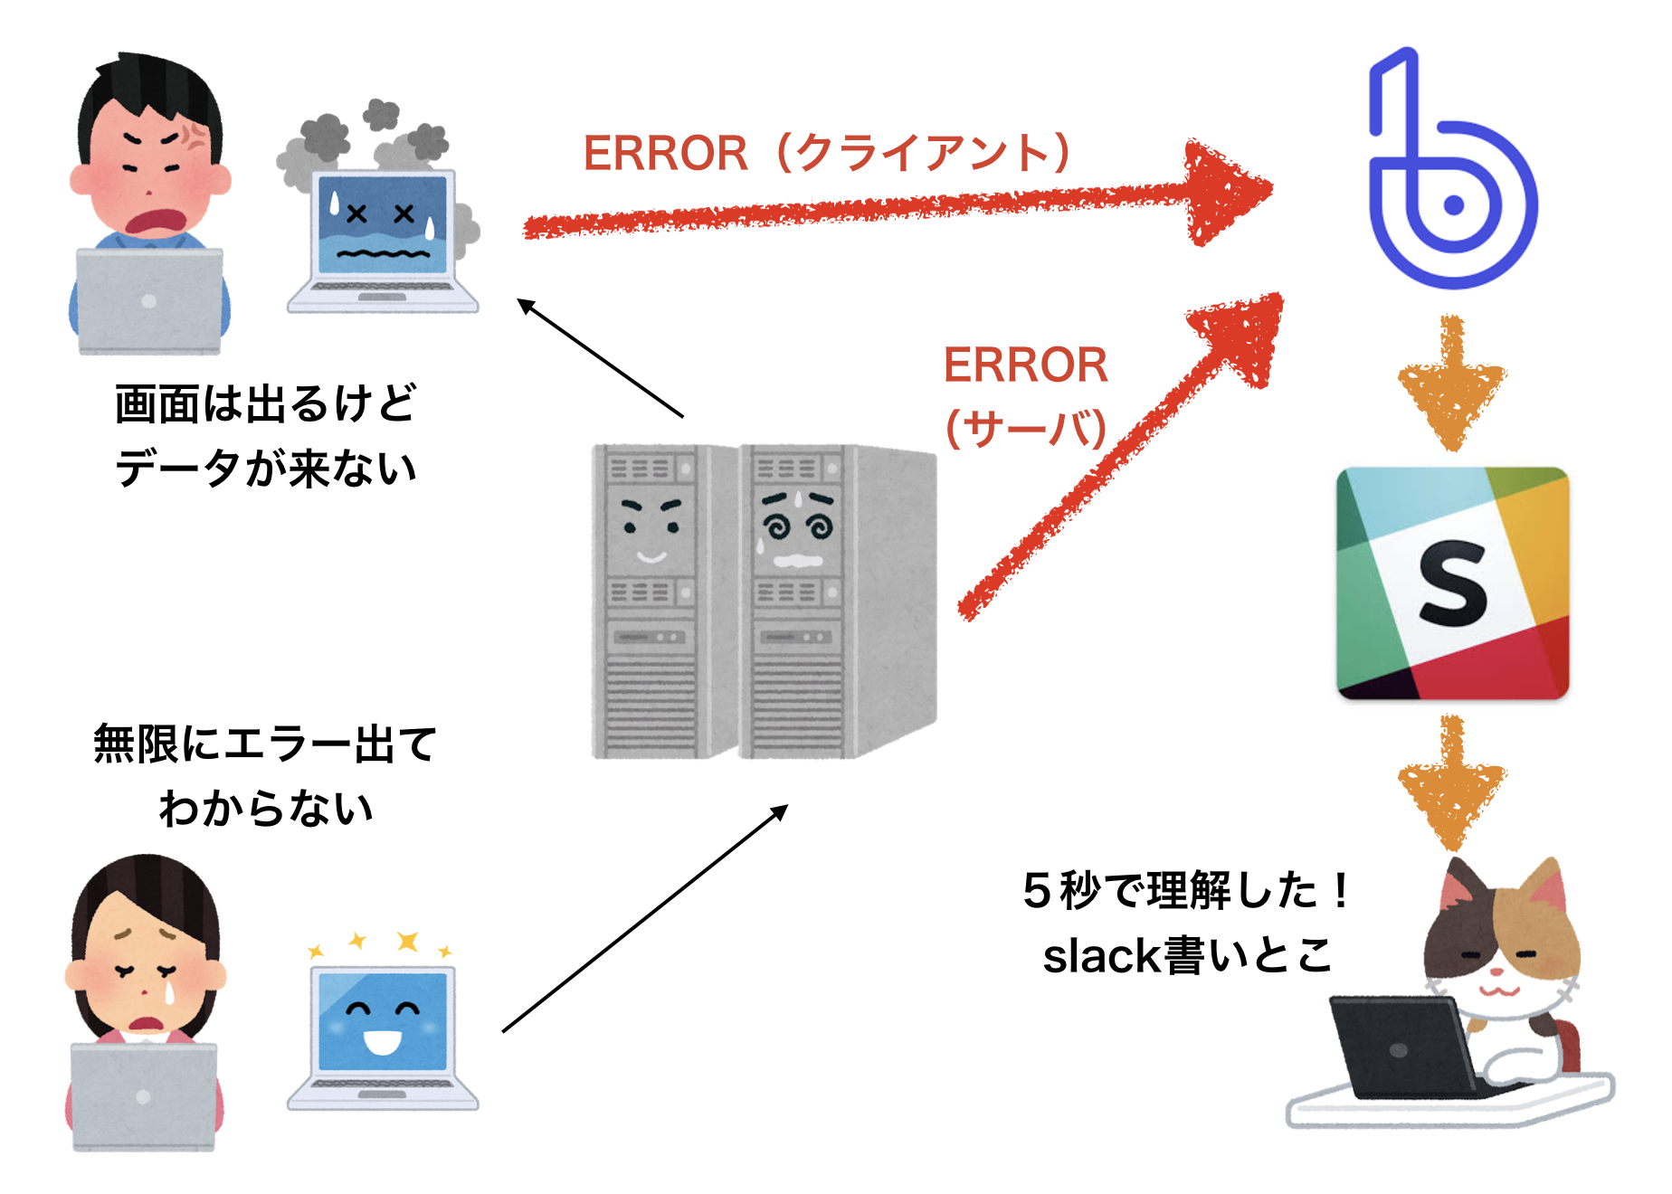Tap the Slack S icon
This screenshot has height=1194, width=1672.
point(1452,583)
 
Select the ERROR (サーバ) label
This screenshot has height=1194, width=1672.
point(1025,395)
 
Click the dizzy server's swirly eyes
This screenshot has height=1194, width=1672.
point(796,525)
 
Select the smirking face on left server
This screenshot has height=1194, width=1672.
point(650,529)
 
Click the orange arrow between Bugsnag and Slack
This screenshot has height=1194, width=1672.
point(1452,384)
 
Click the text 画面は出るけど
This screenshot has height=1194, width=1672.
point(265,403)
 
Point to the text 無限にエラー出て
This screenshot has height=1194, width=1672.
point(265,744)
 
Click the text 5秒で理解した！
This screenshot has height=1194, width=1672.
point(1185,891)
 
